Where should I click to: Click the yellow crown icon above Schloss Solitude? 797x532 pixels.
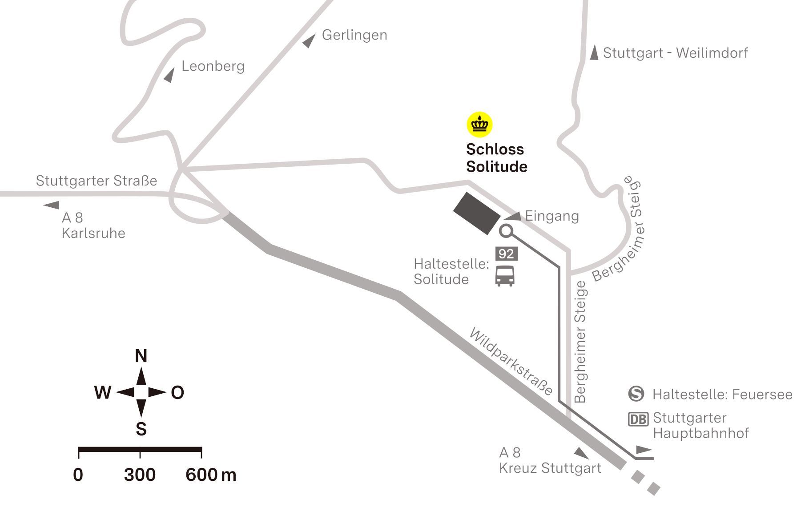coord(479,124)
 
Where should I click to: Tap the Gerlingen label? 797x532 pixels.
coord(354,35)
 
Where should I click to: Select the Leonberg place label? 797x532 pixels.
coord(213,66)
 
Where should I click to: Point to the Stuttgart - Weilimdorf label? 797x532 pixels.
coord(675,53)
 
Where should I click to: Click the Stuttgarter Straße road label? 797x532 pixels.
coord(97,181)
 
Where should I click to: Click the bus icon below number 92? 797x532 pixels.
coord(505,276)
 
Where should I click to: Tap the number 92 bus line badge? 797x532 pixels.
coord(506,254)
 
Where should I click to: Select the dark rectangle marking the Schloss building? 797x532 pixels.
coord(476,213)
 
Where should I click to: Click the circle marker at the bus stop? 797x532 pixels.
coord(506,231)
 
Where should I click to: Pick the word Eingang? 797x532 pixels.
coord(551,216)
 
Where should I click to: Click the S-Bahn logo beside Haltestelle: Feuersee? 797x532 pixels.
coord(636,394)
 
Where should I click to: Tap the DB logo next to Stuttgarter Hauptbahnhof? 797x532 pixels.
coord(638,419)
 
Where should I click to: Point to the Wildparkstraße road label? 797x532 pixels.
coord(511,361)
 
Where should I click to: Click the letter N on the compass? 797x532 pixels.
coord(141,356)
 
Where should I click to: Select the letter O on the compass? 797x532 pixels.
coord(177,393)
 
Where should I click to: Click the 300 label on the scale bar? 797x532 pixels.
coord(140,475)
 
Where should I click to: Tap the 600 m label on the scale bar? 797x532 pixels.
coord(210,475)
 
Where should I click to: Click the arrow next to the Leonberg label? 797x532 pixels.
coord(169,75)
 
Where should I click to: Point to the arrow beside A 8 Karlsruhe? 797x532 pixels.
coord(52,205)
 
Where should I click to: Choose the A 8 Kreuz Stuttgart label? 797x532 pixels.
coord(550,460)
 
